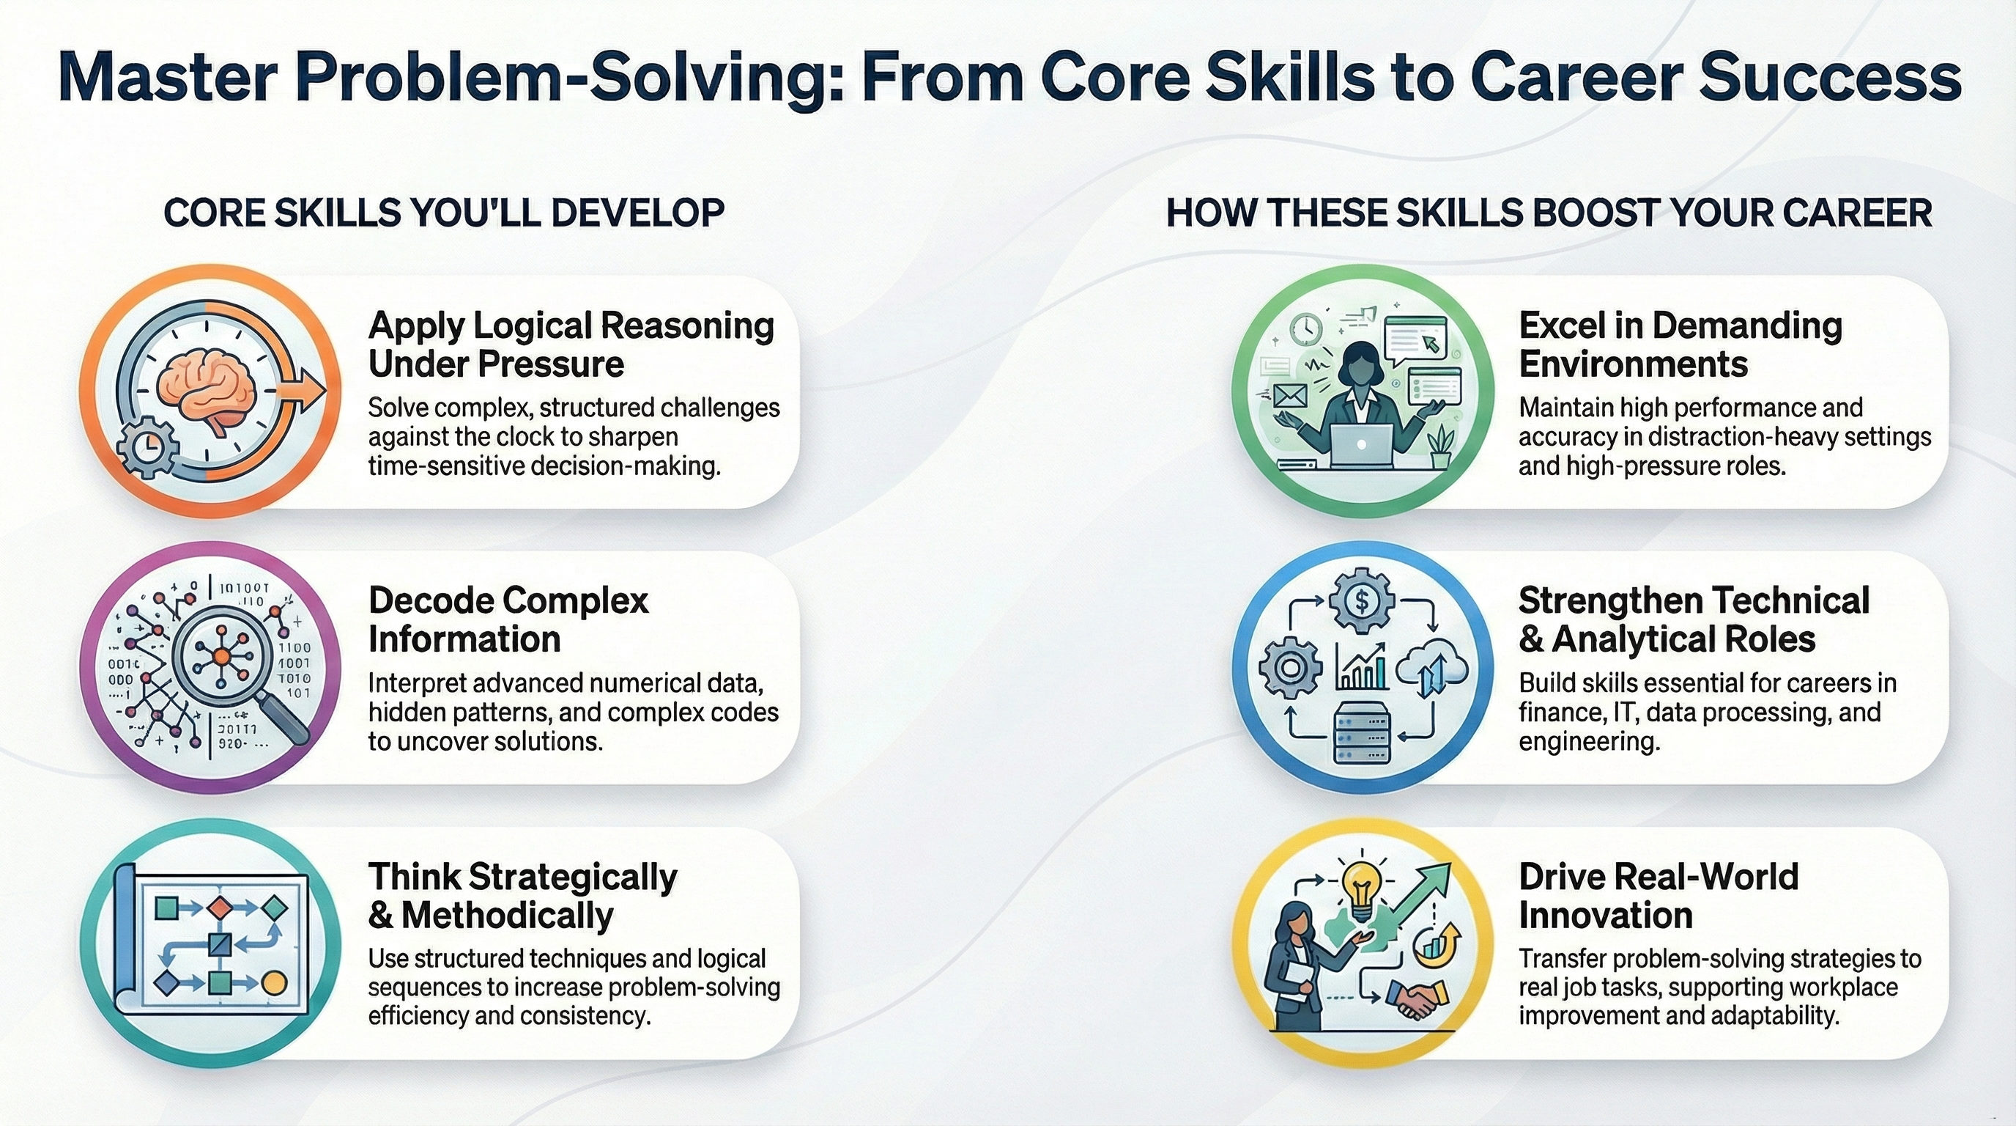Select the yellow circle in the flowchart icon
[x=273, y=984]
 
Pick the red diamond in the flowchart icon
[x=220, y=908]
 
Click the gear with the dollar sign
[x=1362, y=601]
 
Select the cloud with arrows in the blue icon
[x=1431, y=671]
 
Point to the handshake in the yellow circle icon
[x=1417, y=998]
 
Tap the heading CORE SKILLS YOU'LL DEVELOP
[x=444, y=214]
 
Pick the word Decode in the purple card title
[x=431, y=600]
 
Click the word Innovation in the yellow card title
[x=1606, y=915]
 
